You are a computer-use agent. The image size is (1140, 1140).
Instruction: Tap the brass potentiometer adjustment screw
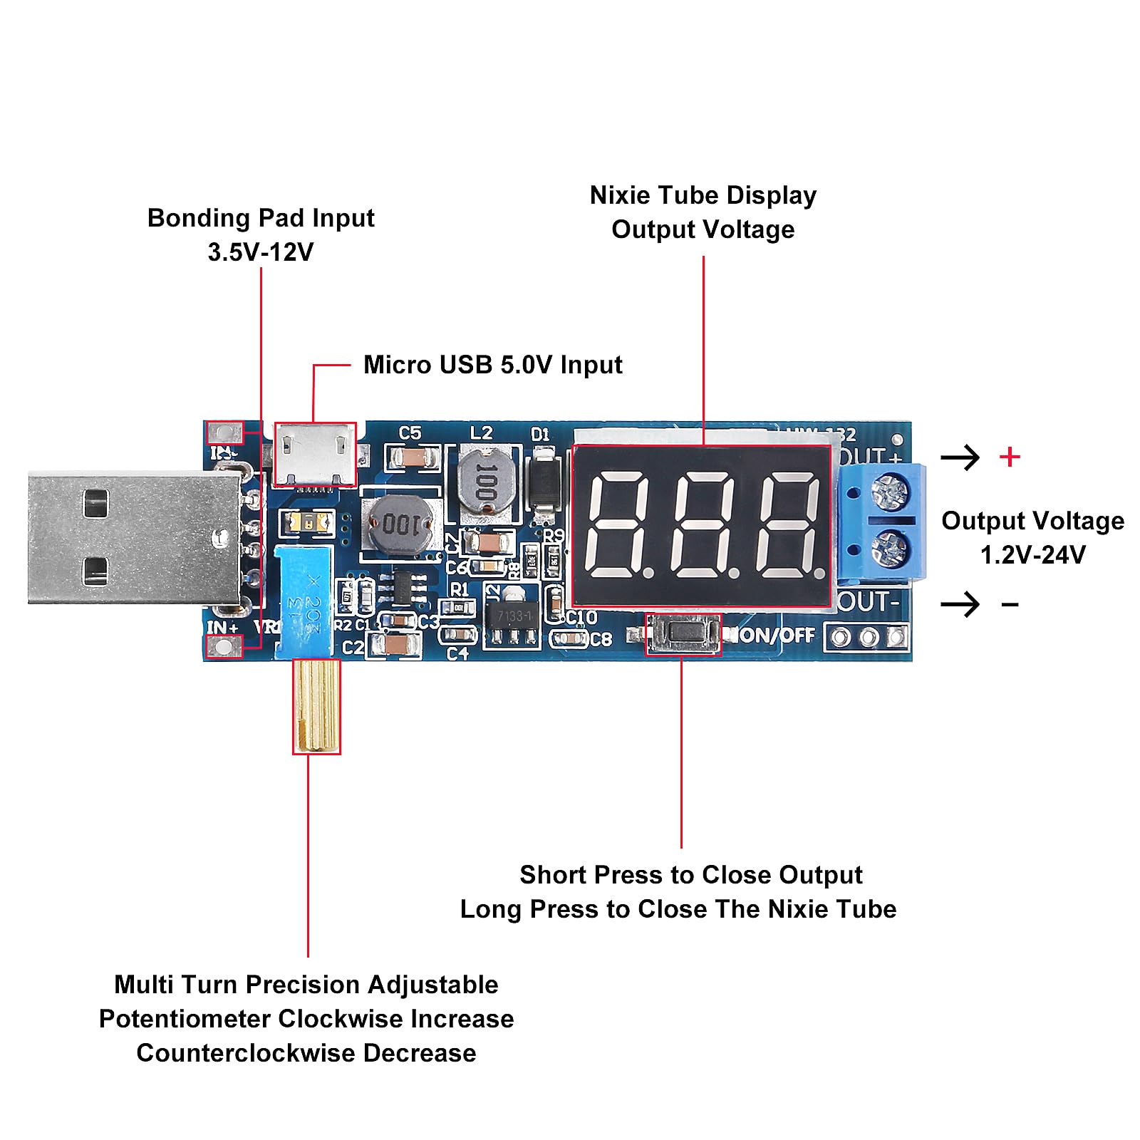coord(316,705)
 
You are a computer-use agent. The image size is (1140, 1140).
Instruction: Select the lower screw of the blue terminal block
coord(889,549)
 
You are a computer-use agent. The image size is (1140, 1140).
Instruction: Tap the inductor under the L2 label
coord(487,480)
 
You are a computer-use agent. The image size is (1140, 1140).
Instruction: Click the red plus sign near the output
coord(1010,457)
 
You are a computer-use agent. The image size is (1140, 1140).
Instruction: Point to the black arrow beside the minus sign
coord(960,605)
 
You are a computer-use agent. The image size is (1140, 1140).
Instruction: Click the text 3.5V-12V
coord(261,252)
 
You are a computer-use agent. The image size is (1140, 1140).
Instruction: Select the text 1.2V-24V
coord(1032,555)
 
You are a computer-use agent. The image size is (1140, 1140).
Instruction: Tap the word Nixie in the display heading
coord(619,195)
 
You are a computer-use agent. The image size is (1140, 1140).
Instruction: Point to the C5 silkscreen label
coord(410,433)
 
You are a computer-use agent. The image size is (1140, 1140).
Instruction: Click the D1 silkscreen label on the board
coord(541,434)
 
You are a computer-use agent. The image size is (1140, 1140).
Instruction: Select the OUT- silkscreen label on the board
coord(869,603)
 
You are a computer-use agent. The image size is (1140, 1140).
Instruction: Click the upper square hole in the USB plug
coord(96,503)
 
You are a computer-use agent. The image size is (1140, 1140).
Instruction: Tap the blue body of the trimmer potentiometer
coord(304,598)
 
